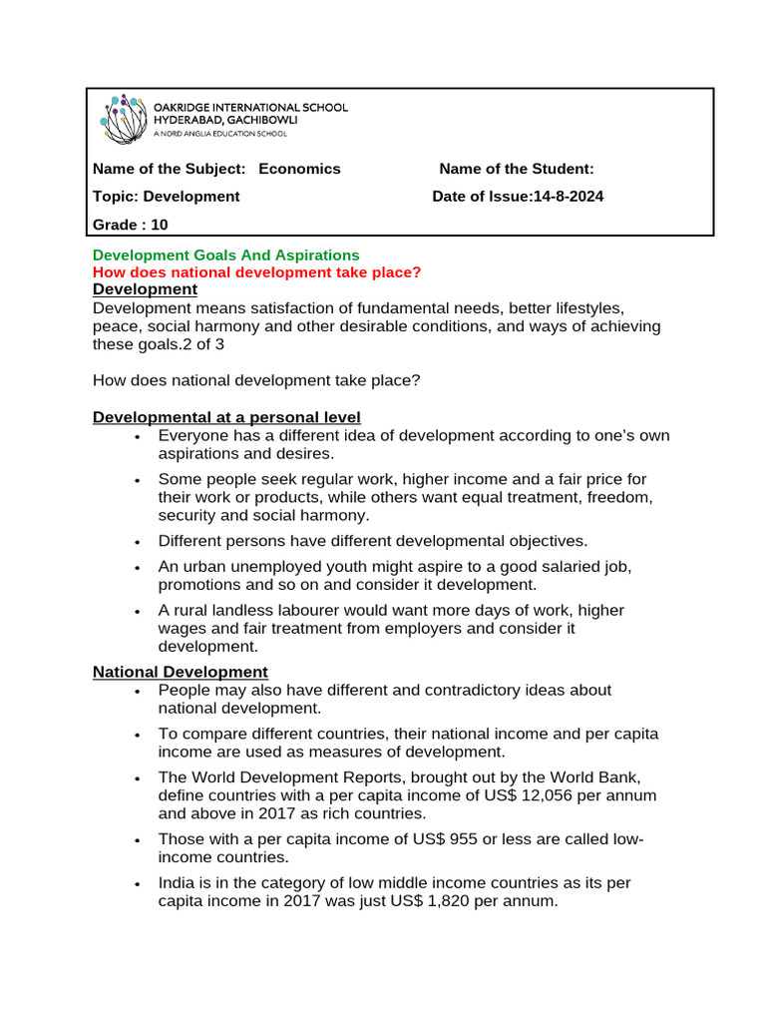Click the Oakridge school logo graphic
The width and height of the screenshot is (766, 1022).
pyautogui.click(x=123, y=118)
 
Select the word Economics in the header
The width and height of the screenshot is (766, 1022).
pyautogui.click(x=299, y=169)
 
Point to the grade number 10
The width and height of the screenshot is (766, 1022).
pyautogui.click(x=160, y=225)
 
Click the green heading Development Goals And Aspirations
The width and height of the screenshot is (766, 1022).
pyautogui.click(x=225, y=255)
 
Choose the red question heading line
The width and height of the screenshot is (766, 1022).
pyautogui.click(x=256, y=272)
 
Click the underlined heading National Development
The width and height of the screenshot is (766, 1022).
pyautogui.click(x=181, y=673)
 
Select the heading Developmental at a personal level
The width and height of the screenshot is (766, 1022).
pyautogui.click(x=226, y=417)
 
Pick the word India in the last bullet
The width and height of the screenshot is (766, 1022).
pyautogui.click(x=177, y=883)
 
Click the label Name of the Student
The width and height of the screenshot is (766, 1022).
pyautogui.click(x=517, y=169)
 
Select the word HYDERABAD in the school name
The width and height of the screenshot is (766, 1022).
pyautogui.click(x=189, y=120)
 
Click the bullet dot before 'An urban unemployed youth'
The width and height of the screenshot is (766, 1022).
pyautogui.click(x=137, y=567)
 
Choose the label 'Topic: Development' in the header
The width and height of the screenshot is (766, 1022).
pyautogui.click(x=167, y=197)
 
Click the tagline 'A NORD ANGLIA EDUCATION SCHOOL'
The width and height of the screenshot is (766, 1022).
pyautogui.click(x=219, y=133)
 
